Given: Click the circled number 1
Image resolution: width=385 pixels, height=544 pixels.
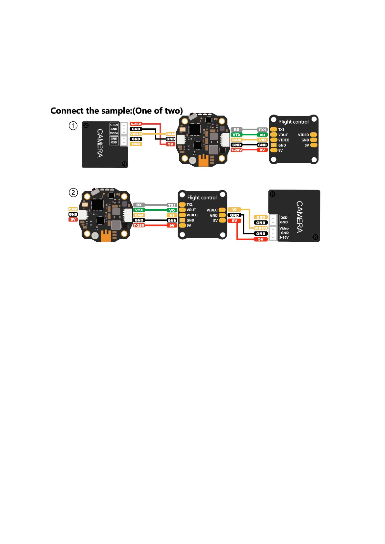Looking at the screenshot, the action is coord(73,126).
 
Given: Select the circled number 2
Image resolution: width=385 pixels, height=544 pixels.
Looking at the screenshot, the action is coord(73,193).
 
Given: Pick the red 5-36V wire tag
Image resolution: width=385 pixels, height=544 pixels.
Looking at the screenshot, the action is coord(136,124).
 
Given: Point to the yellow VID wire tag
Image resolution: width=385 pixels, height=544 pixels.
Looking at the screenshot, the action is coord(262,140).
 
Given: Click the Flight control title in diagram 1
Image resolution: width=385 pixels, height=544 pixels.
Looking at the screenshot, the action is coord(294,122).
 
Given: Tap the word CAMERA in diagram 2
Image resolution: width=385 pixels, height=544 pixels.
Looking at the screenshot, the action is coord(299,217).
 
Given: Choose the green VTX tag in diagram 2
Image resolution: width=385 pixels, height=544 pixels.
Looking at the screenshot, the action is coord(139,210).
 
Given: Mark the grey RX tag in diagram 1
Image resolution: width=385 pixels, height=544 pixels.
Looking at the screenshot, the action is coord(236,130).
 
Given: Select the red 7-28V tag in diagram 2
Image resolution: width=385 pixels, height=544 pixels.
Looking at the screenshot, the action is coord(139,225).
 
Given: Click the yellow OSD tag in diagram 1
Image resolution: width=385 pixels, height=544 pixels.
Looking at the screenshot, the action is coord(136,144).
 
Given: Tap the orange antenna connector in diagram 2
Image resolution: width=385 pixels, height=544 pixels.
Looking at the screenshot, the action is coord(106,236).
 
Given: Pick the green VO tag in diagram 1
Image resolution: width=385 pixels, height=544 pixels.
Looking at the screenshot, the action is coord(262,135).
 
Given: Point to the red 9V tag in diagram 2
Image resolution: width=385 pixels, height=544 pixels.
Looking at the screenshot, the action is coord(172,225).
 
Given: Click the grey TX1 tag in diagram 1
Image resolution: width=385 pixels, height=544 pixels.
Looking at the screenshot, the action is coord(262,130).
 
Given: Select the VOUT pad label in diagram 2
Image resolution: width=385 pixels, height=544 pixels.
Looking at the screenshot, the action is coord(191,210).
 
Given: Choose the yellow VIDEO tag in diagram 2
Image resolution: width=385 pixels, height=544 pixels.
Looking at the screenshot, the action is coord(261,228).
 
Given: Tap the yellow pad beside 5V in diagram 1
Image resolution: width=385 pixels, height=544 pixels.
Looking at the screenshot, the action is coord(314,145).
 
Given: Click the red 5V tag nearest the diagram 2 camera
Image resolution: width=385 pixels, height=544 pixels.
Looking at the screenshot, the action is coord(261,239).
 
